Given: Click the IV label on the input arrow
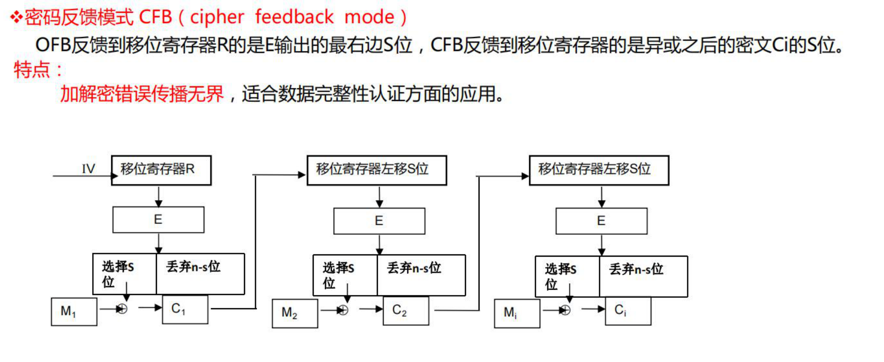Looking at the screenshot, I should [x=89, y=169].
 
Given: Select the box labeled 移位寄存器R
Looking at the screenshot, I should [x=161, y=171].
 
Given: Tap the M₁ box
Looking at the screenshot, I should [x=74, y=311].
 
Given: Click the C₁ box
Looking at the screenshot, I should [x=185, y=310].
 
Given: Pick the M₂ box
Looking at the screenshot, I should [x=295, y=313].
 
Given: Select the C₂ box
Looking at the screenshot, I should [x=405, y=311].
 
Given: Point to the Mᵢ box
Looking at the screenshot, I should [x=517, y=313].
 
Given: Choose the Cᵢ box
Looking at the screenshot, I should [x=628, y=311].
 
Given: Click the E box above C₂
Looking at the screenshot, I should [x=379, y=221].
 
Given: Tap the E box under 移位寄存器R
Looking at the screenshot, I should [x=158, y=220].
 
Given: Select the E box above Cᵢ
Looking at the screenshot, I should [x=601, y=221].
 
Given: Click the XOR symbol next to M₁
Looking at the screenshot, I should [x=122, y=309].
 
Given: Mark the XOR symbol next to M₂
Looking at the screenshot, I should [x=343, y=310].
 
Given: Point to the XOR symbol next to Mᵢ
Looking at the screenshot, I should [x=565, y=310].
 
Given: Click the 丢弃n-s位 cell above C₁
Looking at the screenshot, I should [x=200, y=274].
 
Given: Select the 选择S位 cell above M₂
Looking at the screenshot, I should [x=345, y=275].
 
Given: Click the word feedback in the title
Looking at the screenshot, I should [x=294, y=17].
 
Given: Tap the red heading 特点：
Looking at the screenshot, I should [x=38, y=70].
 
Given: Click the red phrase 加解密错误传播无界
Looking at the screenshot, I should [x=142, y=94].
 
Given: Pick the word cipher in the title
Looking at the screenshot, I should [x=217, y=17].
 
